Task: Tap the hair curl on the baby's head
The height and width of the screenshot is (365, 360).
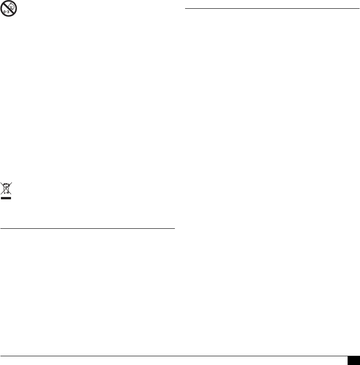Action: [x=10, y=4]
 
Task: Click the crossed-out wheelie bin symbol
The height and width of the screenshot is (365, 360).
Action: [x=6, y=189]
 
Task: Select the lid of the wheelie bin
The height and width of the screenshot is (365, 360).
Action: [x=6, y=185]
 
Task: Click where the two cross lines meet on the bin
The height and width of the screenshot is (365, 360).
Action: [x=6, y=188]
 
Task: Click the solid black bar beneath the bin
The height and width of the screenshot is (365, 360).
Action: [x=6, y=198]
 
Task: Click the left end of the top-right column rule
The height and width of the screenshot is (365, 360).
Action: [x=184, y=8]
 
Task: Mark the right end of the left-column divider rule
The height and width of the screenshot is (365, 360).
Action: [x=175, y=228]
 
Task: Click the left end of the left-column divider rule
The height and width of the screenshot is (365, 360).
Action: [x=0, y=228]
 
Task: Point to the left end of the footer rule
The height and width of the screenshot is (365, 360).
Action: [x=0, y=355]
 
